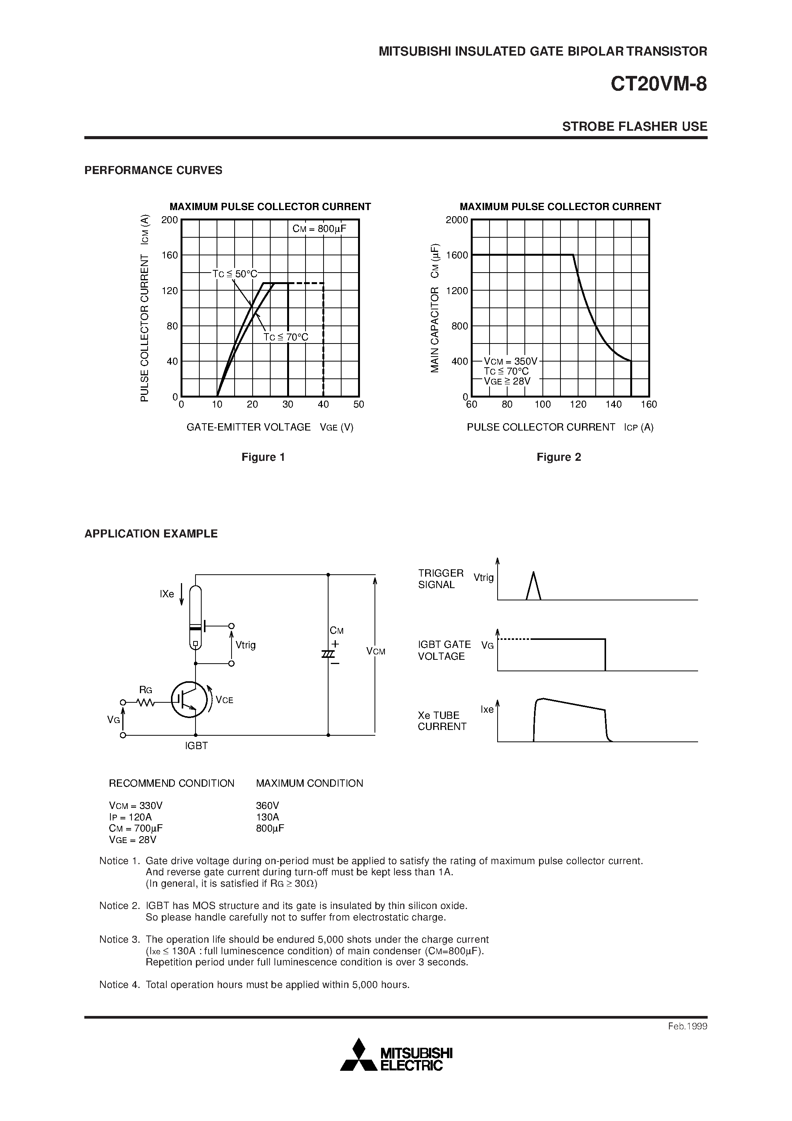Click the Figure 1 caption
[263, 457]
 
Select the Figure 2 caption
[559, 457]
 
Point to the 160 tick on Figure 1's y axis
[170, 255]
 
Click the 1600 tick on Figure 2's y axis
[457, 255]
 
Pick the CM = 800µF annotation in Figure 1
[319, 228]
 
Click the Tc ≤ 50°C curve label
[235, 274]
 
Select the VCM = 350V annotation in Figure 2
[510, 361]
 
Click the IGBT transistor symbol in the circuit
[189, 700]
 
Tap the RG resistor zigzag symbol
[146, 703]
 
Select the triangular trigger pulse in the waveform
[533, 586]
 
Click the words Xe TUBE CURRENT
[442, 721]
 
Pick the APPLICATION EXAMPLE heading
[151, 534]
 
